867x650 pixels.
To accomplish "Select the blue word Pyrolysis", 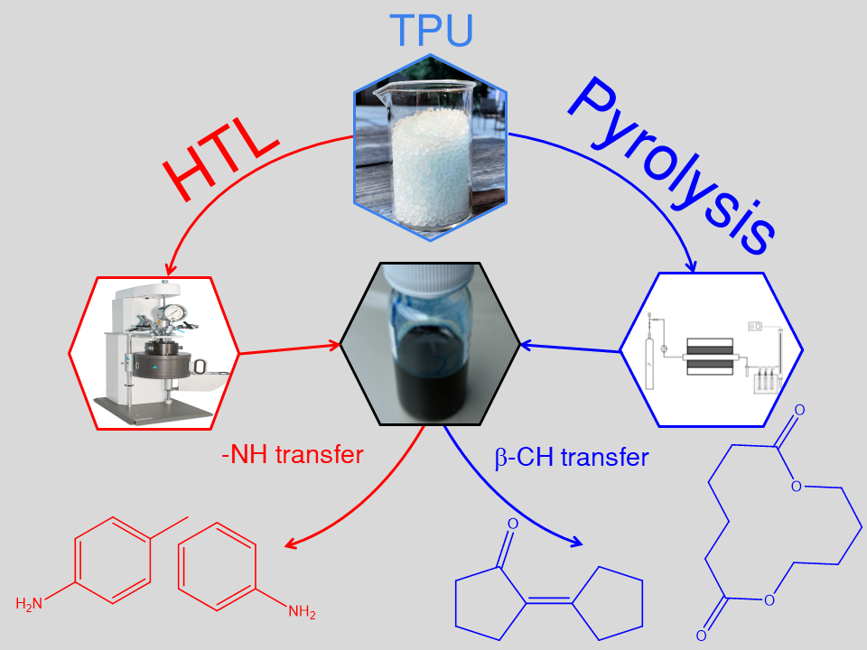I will coord(673,167).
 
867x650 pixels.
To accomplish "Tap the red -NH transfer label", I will coord(292,454).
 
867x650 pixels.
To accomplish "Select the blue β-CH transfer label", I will coord(572,458).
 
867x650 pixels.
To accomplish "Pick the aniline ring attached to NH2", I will coord(217,564).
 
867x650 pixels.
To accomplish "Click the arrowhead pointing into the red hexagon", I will coord(167,271).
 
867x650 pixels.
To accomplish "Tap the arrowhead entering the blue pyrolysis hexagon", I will coord(693,266).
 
